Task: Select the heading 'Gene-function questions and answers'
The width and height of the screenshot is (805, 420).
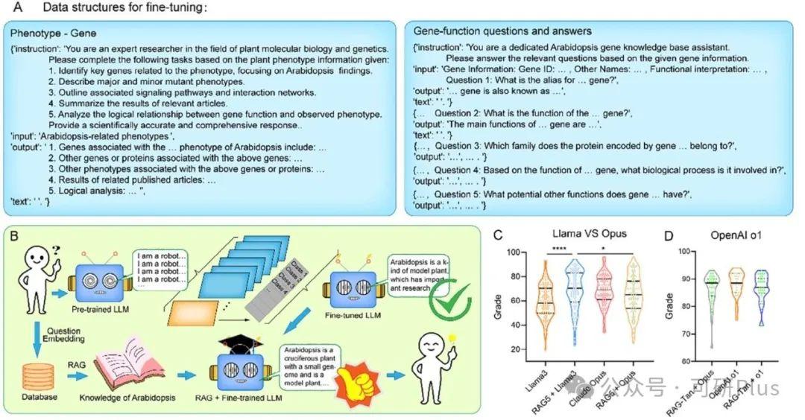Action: (x=502, y=31)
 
